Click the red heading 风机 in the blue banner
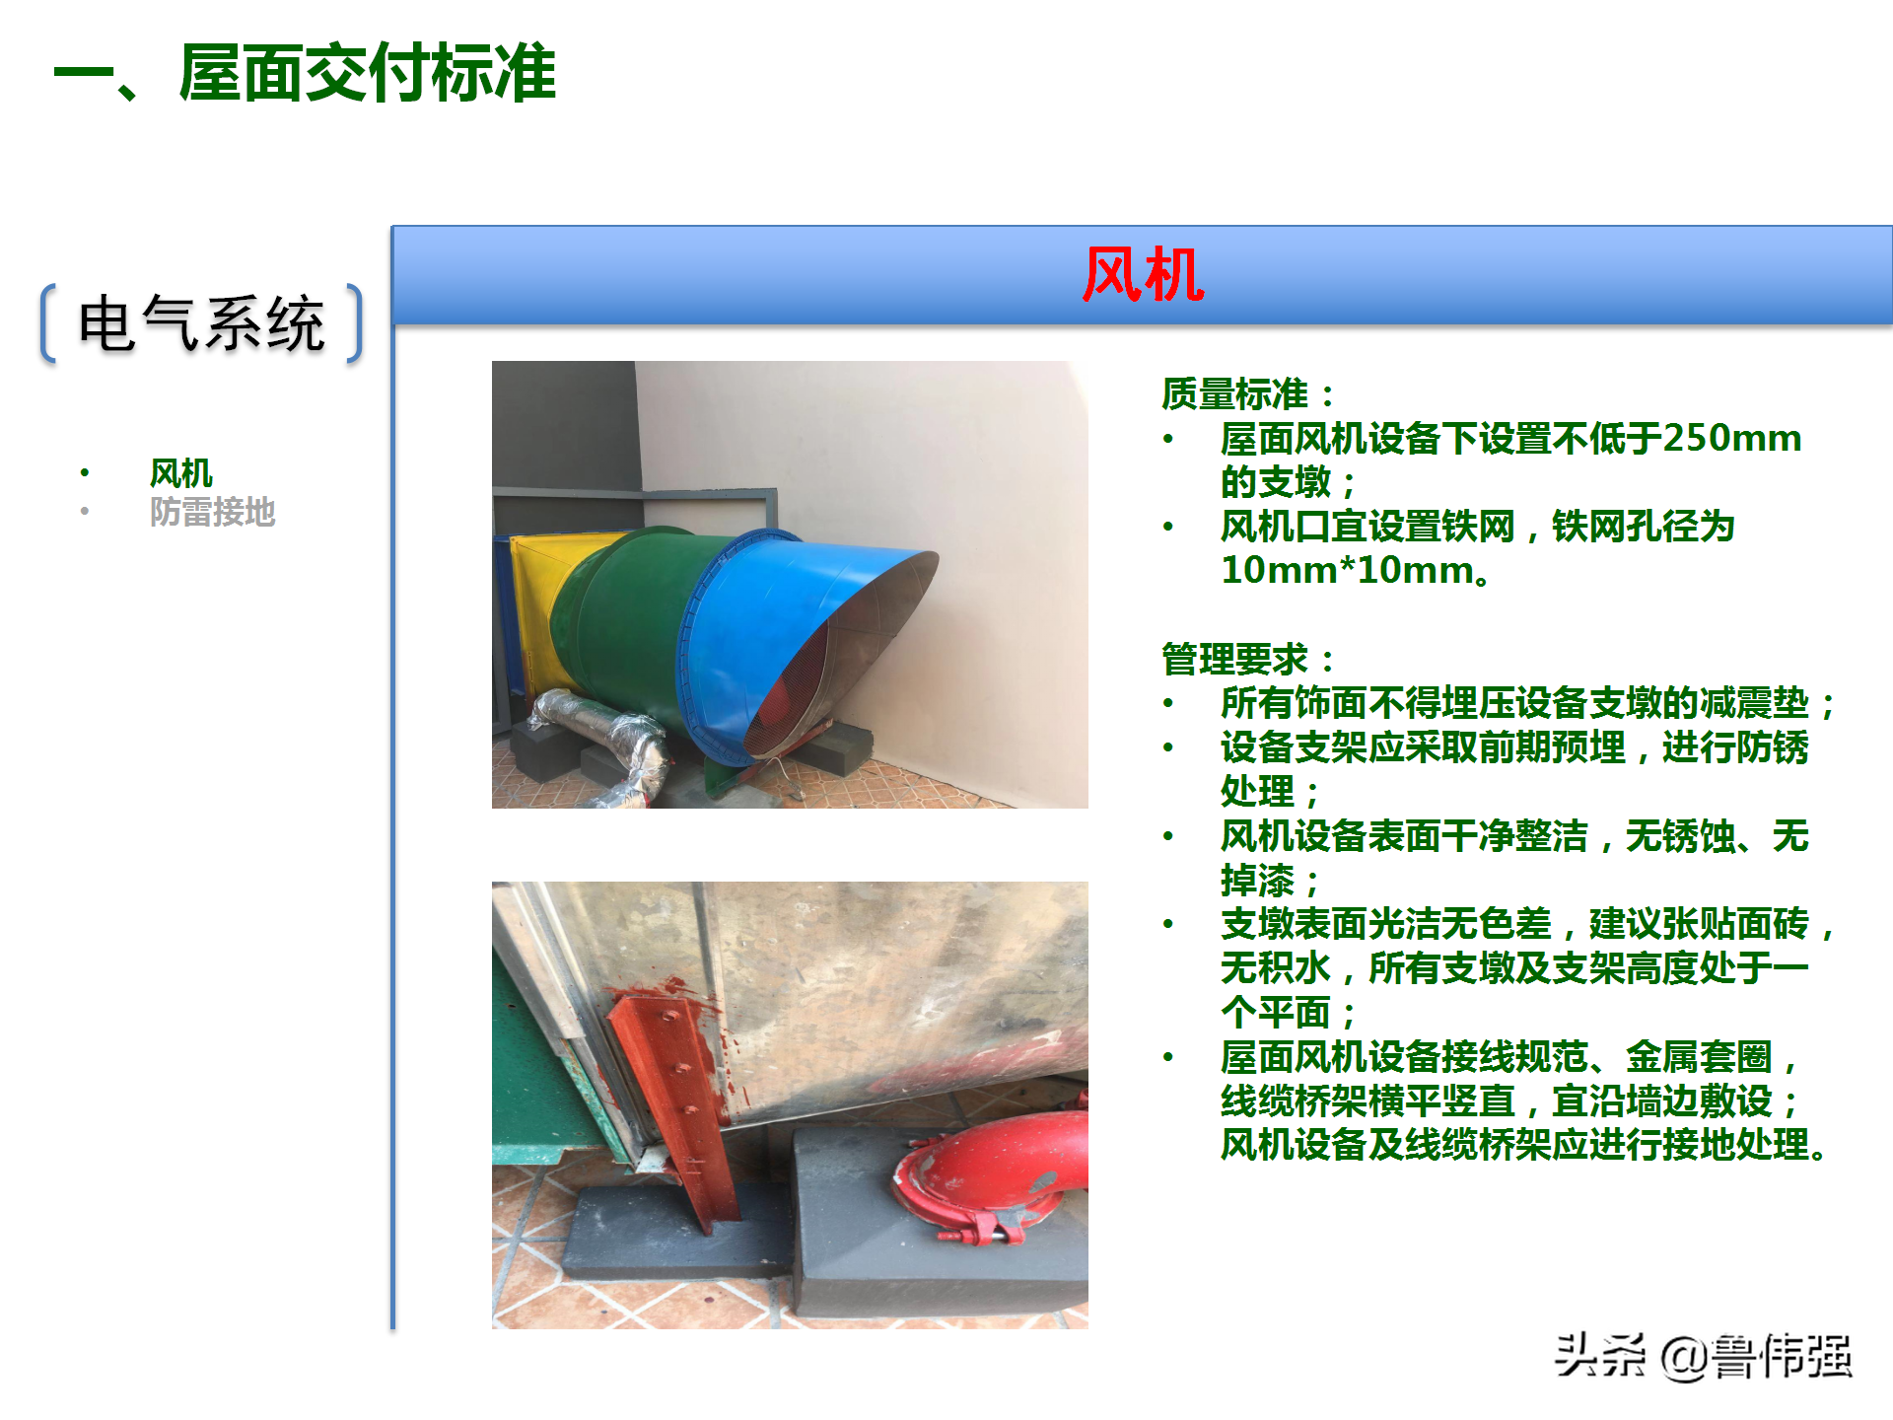(x=1142, y=274)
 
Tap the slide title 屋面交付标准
(x=367, y=73)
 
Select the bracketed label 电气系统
(x=201, y=323)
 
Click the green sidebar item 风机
(x=180, y=473)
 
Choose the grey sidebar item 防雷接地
(x=212, y=512)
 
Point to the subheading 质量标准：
(x=1248, y=394)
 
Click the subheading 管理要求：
(x=1248, y=659)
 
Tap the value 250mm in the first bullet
(x=1731, y=438)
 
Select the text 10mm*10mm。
(x=1357, y=570)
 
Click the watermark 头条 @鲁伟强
(x=1703, y=1356)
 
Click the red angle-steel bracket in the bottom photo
(x=680, y=1104)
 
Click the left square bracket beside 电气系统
(x=47, y=323)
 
